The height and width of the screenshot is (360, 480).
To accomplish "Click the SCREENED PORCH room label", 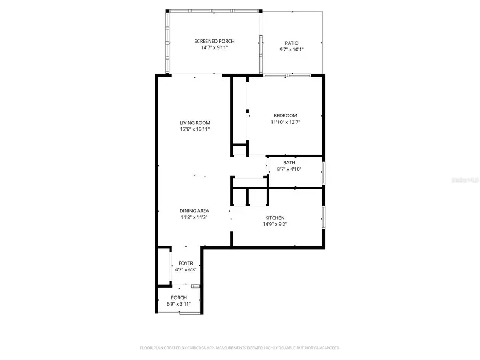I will click(214, 41).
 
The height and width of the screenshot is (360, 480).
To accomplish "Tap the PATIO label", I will click(291, 43).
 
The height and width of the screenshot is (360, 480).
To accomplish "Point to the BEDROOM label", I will click(285, 116).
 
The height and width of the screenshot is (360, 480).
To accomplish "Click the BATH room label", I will click(289, 163).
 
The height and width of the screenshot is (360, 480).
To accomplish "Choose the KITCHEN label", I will click(275, 218).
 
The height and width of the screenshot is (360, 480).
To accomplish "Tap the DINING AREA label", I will click(194, 211).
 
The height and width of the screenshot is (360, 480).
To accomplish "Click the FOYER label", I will click(186, 263).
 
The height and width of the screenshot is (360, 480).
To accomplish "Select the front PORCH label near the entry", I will click(179, 298).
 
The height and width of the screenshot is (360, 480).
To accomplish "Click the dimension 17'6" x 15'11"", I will click(194, 129).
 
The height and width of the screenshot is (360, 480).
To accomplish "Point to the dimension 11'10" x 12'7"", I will click(285, 122).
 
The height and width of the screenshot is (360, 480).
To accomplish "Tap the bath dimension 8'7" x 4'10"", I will click(289, 169).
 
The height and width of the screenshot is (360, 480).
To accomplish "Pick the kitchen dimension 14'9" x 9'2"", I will click(275, 224).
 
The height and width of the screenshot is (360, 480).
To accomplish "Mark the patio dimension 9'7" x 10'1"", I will click(291, 50).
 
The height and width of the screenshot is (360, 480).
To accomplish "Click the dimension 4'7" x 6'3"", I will click(186, 270).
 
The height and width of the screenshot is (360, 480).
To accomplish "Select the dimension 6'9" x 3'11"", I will click(179, 304).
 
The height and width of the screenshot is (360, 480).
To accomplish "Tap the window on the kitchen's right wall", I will click(323, 217).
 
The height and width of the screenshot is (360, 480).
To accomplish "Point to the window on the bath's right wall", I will click(323, 173).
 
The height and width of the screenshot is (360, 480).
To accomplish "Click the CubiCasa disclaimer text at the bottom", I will click(239, 348).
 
